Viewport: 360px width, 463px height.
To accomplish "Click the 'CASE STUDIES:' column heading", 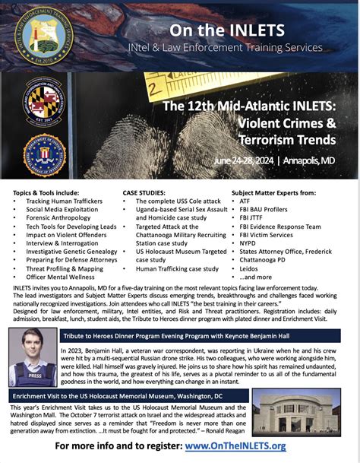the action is click(x=145, y=192).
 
